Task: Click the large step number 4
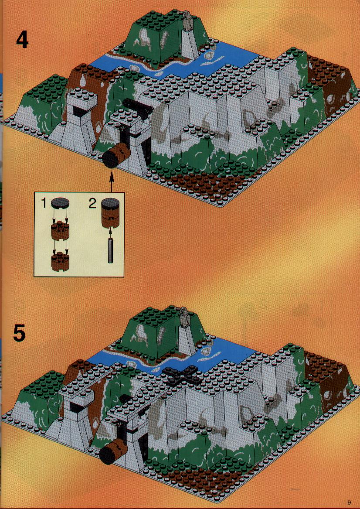[x=22, y=40]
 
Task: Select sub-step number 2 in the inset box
[x=93, y=204]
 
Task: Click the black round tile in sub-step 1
[x=60, y=203]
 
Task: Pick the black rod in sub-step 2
[x=111, y=249]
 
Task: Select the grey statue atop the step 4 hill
[x=187, y=21]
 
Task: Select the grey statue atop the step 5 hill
[x=184, y=317]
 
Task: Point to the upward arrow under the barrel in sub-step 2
[x=111, y=232]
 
